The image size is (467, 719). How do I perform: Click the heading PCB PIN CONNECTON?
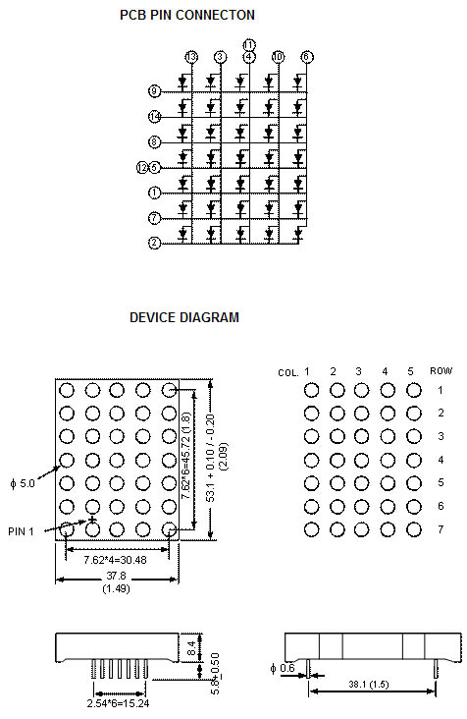point(187,15)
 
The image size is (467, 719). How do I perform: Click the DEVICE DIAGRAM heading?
point(184,317)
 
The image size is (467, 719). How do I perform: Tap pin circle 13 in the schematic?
point(191,57)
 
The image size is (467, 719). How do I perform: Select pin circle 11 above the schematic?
point(249,45)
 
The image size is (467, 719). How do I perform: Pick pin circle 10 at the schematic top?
point(279,57)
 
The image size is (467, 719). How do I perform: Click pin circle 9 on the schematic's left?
point(155,91)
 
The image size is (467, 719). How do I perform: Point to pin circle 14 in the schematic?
point(155,117)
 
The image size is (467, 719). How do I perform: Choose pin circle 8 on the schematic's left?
point(155,142)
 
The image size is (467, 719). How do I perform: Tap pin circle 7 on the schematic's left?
point(155,218)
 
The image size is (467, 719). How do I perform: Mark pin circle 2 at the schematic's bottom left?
point(155,243)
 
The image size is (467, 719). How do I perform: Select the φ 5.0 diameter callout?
point(22,482)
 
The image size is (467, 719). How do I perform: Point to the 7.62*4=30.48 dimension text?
point(117,559)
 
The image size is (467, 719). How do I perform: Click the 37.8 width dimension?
point(117,577)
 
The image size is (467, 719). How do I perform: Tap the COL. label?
point(287,373)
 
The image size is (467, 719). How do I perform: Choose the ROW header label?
point(441,371)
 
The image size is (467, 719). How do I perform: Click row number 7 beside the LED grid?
point(441,529)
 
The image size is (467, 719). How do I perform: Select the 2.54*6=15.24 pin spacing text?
point(118,704)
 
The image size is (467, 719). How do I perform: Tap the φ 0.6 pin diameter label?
point(283,670)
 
